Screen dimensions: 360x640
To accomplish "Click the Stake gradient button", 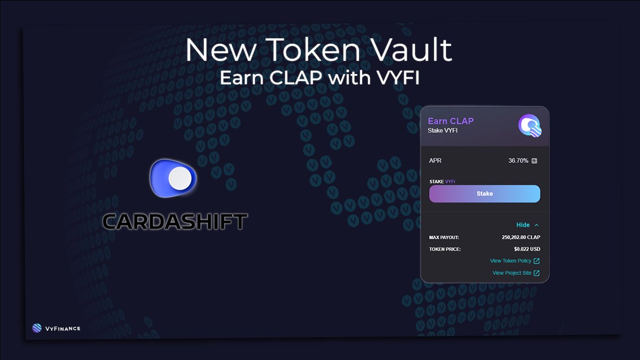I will click(484, 194).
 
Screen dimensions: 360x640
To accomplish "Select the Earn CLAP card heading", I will click(451, 121).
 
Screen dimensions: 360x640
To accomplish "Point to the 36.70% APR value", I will click(518, 161).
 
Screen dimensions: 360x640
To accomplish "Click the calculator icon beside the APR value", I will click(534, 161).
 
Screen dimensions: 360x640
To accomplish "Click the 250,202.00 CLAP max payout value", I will click(521, 237).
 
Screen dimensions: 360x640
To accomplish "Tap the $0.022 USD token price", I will click(526, 249).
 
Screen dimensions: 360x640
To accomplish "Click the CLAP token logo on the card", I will click(530, 126).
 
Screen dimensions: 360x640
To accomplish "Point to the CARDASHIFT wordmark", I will click(174, 221).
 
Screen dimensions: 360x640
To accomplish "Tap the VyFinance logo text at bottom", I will click(63, 328).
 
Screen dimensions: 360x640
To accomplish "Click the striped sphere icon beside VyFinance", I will click(37, 328).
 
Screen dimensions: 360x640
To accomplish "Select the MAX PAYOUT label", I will click(444, 237).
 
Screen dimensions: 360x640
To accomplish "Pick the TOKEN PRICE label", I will click(445, 249).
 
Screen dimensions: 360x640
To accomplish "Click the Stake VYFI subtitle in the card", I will click(443, 131).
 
